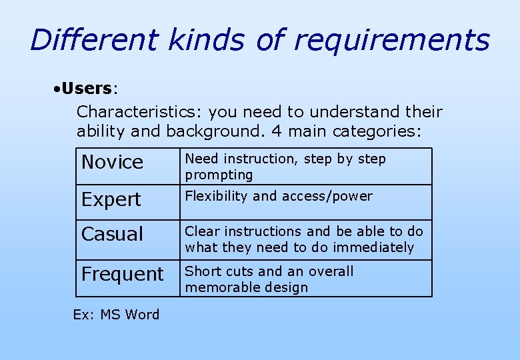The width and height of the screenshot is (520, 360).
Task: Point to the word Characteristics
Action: (x=132, y=112)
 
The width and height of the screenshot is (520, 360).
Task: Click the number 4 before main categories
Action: (x=273, y=131)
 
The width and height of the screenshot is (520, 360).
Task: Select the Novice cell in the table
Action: (x=112, y=162)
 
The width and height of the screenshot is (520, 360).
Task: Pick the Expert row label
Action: (x=111, y=199)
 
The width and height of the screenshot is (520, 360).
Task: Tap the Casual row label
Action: (x=112, y=234)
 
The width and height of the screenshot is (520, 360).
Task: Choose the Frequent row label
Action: (x=122, y=274)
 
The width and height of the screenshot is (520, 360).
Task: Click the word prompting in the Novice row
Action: (x=219, y=175)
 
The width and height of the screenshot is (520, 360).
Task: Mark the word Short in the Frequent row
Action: (x=200, y=271)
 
